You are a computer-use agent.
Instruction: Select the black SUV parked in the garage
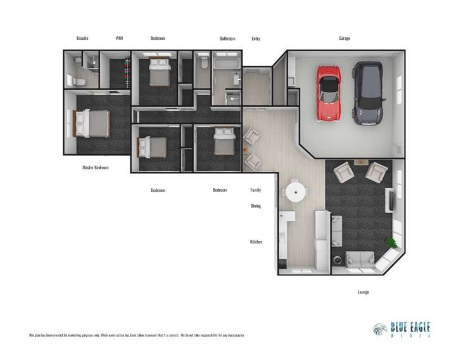368,93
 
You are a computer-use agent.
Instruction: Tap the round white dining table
294,191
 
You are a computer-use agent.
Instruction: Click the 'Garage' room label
344,39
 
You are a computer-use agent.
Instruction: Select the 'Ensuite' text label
82,39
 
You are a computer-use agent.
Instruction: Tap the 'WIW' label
119,39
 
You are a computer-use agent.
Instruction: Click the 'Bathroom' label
227,39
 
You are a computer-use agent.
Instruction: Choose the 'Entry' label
256,39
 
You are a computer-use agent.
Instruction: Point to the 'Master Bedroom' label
96,168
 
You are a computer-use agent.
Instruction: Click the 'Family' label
256,190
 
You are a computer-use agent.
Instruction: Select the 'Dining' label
256,206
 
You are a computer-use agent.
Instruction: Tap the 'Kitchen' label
256,242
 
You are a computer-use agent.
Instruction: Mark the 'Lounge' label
363,292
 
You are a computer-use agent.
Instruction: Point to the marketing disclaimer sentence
136,335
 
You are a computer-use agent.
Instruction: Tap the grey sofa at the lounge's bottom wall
360,259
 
